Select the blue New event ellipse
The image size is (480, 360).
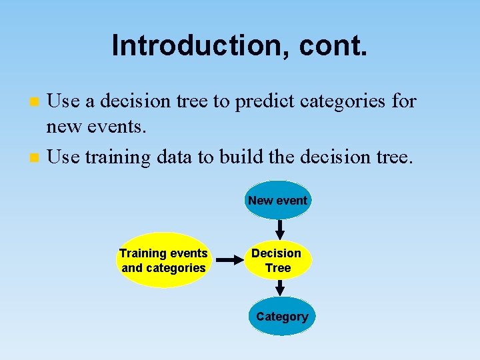(x=277, y=200)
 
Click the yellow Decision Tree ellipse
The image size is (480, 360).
(x=277, y=260)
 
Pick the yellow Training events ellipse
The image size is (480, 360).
(x=163, y=260)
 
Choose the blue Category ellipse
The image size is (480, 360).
(x=281, y=317)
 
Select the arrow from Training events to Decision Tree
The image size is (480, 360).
(x=231, y=260)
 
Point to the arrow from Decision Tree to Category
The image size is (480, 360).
(x=280, y=287)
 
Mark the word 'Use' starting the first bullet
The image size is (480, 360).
(x=64, y=101)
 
